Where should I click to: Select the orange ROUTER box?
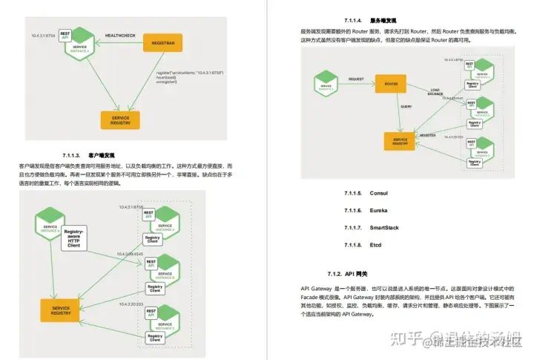(391, 84)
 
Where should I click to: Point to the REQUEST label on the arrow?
(357, 77)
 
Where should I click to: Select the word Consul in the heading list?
(379, 193)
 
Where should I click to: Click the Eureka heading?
(379, 211)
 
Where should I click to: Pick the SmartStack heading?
(384, 228)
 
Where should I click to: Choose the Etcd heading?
(376, 245)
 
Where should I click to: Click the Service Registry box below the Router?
(400, 140)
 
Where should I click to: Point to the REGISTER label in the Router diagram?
(427, 136)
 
